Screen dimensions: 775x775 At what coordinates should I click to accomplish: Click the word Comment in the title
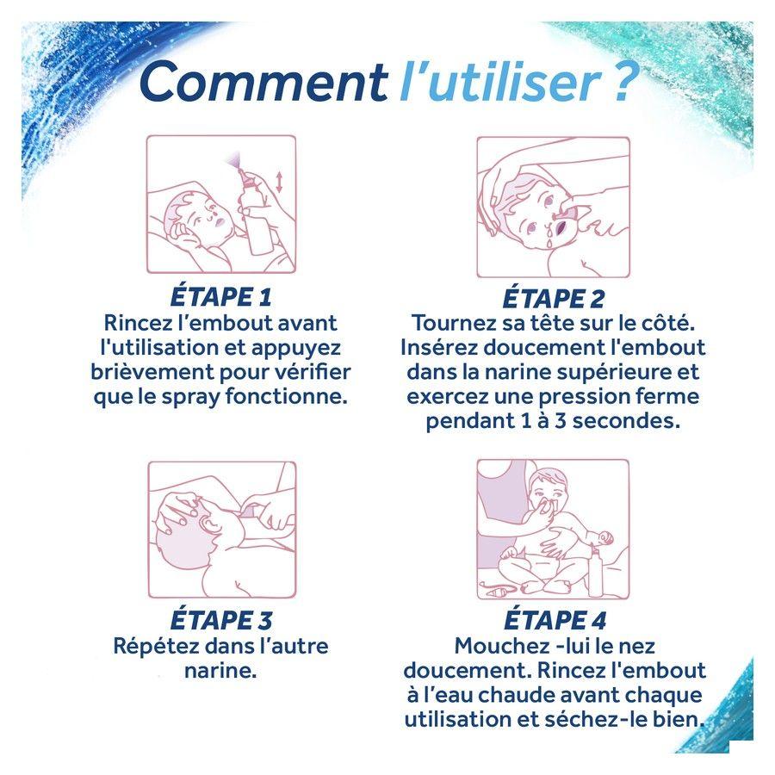[263, 82]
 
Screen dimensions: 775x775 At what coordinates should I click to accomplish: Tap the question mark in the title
[620, 81]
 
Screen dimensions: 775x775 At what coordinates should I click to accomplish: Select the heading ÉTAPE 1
[221, 297]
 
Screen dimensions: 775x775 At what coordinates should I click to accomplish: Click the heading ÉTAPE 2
[554, 298]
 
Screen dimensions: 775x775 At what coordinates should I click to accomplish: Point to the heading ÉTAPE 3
[221, 620]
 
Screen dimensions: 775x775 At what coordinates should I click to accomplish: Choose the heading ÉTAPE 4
[555, 620]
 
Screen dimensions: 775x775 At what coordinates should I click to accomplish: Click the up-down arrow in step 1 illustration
[279, 182]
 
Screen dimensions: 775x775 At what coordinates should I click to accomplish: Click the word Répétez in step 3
[156, 646]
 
